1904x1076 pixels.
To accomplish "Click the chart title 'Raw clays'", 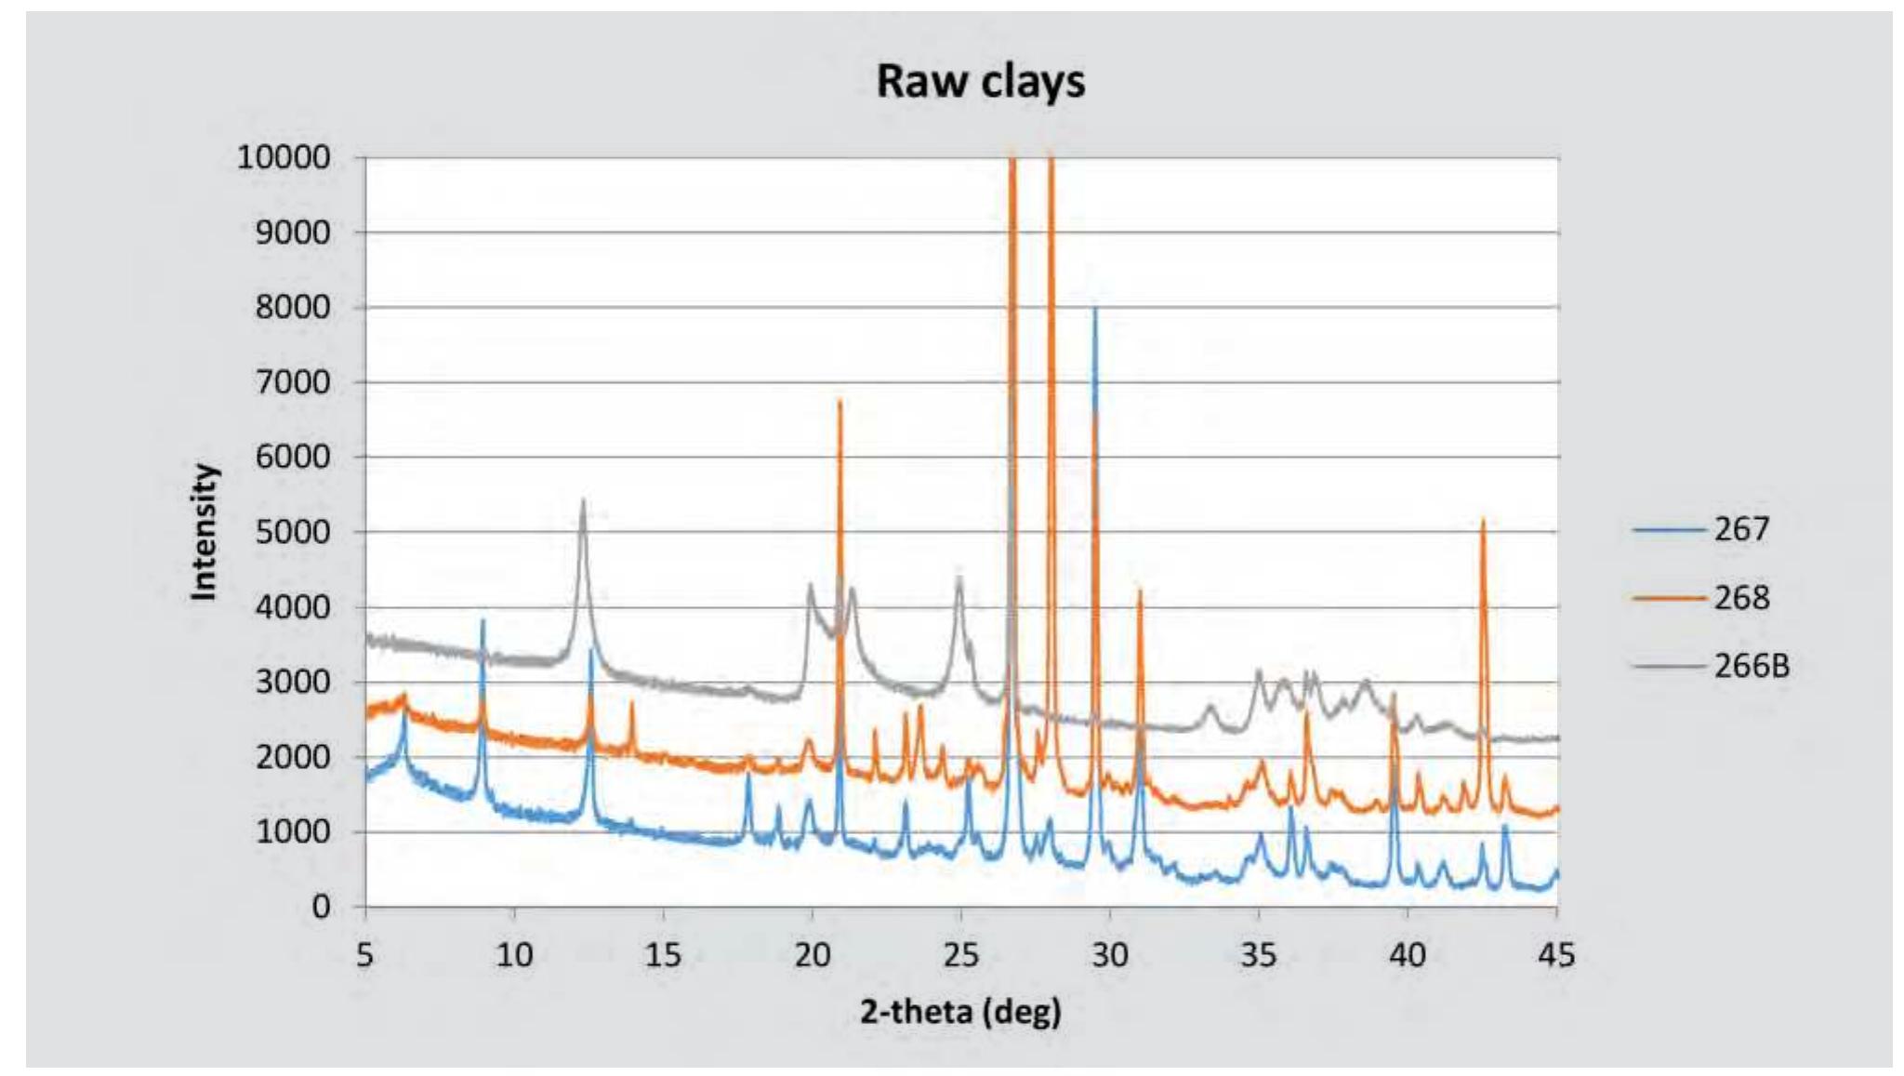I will tap(980, 82).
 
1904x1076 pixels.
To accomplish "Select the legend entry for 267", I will tap(1741, 529).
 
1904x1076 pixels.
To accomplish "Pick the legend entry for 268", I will tap(1741, 597).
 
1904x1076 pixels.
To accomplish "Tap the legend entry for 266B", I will tap(1751, 666).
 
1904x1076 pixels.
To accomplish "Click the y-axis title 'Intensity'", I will tap(204, 532).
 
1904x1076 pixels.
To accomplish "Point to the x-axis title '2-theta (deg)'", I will tap(960, 1012).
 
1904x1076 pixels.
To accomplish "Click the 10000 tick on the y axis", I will tap(284, 158).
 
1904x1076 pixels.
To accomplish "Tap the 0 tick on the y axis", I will tap(321, 907).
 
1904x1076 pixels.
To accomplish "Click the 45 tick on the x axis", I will tap(1557, 955).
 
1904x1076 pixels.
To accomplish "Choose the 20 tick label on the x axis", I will tap(812, 955).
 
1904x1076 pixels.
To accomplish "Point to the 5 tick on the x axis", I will tap(364, 955).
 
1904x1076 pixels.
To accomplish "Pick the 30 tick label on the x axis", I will tap(1110, 955).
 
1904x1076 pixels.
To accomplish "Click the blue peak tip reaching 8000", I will tap(1095, 308).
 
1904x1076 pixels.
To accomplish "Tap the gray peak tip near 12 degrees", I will tap(583, 500).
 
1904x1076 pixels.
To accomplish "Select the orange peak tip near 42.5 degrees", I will tap(1483, 519).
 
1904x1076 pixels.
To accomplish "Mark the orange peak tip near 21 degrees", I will tap(840, 401).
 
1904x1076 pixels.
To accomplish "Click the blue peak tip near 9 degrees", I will tap(483, 619).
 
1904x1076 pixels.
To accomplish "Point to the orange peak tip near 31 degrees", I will tap(1140, 590).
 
